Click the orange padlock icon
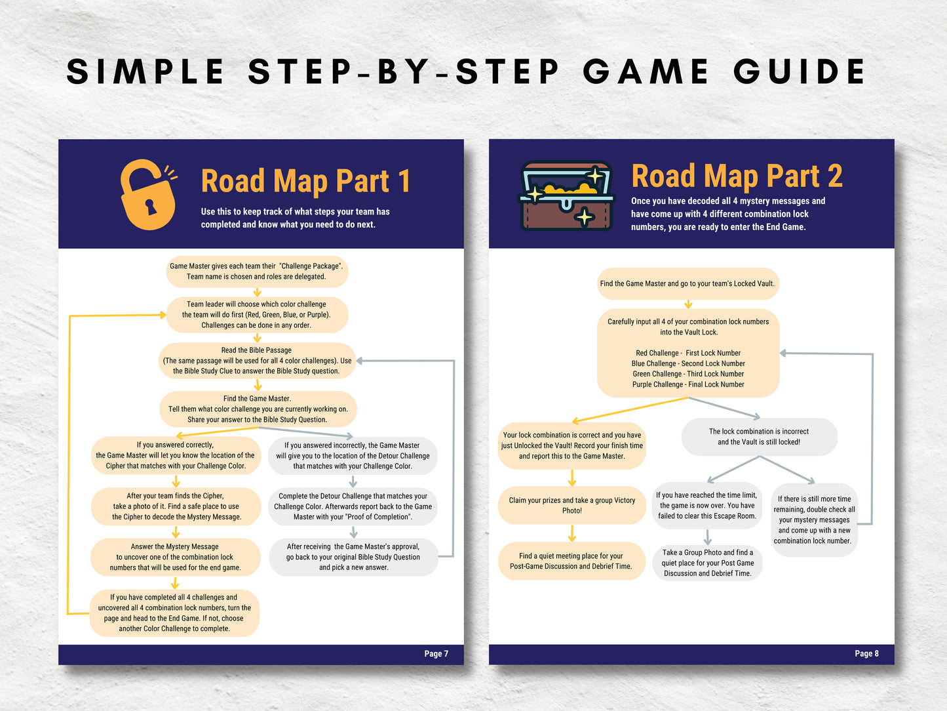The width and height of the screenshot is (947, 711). tap(148, 194)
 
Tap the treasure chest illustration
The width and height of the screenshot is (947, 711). tap(566, 196)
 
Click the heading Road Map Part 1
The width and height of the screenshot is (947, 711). tap(305, 181)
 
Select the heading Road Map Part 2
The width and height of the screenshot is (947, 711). tap(737, 176)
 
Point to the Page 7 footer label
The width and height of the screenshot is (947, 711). tap(436, 653)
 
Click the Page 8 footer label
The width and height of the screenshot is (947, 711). tap(867, 653)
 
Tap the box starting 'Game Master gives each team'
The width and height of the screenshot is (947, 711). tap(257, 272)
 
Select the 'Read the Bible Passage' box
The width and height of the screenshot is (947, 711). tap(257, 361)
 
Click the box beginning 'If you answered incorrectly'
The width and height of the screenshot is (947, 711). tap(353, 456)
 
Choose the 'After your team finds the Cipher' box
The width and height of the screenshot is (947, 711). tap(176, 506)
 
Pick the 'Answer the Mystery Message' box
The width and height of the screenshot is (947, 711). tap(175, 557)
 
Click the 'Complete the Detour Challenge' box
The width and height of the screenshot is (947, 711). tap(353, 506)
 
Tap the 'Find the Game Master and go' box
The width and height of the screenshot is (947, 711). tap(687, 283)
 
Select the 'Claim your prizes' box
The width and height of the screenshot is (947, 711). tap(571, 506)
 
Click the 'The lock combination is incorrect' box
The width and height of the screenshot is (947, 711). tap(759, 436)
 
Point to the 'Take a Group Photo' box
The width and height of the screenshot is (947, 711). tap(708, 563)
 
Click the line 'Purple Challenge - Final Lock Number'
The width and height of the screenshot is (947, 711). tap(688, 384)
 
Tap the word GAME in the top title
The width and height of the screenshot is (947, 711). tap(646, 71)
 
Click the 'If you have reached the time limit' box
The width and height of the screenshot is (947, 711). tap(707, 506)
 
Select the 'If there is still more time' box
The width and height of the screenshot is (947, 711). tap(814, 519)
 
